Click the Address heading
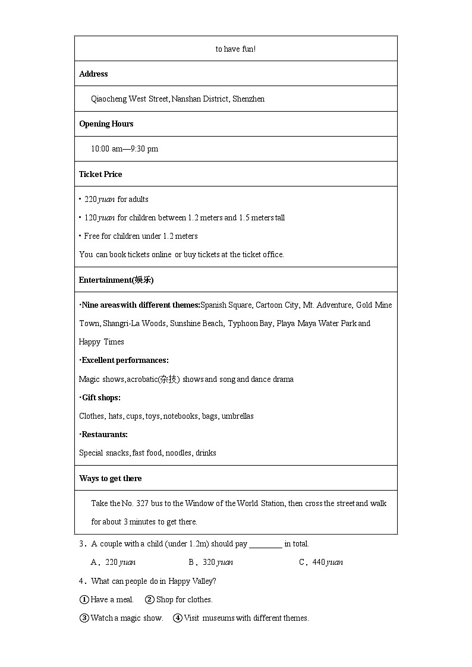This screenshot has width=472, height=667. (93, 74)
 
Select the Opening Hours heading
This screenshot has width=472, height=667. (106, 124)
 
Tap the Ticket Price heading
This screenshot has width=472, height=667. (100, 175)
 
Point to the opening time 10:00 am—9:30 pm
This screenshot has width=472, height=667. (124, 149)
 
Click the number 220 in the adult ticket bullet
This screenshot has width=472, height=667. (90, 200)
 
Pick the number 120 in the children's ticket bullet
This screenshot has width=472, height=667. (90, 218)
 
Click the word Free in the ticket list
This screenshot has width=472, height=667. (92, 236)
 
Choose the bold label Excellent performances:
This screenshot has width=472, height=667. (124, 361)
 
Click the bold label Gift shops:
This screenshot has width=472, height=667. (100, 398)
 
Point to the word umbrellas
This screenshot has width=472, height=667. (237, 416)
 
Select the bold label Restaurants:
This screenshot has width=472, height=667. (103, 435)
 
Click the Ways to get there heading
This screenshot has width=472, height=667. (110, 479)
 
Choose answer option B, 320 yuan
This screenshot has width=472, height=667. (211, 562)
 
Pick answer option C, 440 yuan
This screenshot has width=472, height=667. (321, 562)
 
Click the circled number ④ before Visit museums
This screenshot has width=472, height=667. (177, 618)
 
